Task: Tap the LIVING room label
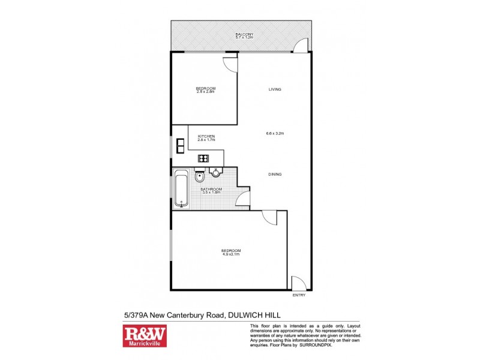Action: [275, 89]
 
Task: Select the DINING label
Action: [275, 175]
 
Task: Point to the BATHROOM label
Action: [210, 188]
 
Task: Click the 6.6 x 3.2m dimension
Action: [275, 133]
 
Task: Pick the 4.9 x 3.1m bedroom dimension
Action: [230, 254]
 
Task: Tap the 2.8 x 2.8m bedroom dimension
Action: [205, 92]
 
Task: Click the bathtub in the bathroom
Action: [181, 189]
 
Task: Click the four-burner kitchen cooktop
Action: [204, 159]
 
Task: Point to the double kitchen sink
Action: [181, 146]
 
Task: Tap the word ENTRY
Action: [299, 295]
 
